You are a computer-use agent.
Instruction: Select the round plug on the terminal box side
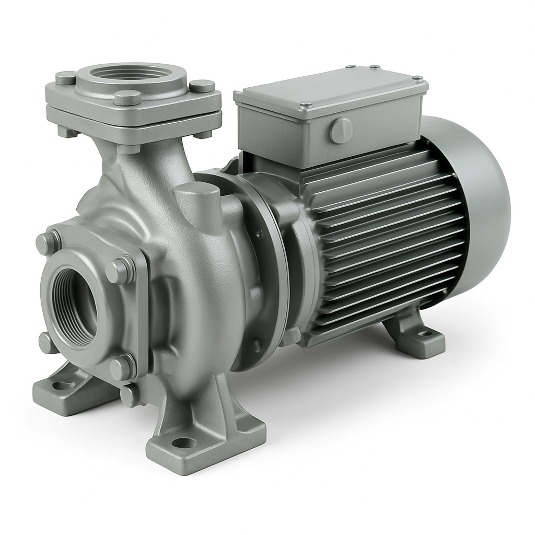coord(341,130)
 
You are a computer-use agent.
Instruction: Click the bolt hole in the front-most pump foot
coord(184,443)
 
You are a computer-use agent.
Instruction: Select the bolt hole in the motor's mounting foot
coord(426,333)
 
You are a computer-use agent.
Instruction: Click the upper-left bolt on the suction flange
coord(48,242)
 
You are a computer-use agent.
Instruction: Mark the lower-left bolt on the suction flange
coord(48,343)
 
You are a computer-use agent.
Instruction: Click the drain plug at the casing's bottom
coord(131,396)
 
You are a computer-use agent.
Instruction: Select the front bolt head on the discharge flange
coord(127,98)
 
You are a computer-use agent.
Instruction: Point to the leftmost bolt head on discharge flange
coord(66,78)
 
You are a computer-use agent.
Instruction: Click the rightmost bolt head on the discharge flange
coord(202,86)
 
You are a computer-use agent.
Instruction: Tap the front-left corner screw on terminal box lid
coord(306,104)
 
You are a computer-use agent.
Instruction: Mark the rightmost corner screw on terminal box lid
coord(417,78)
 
